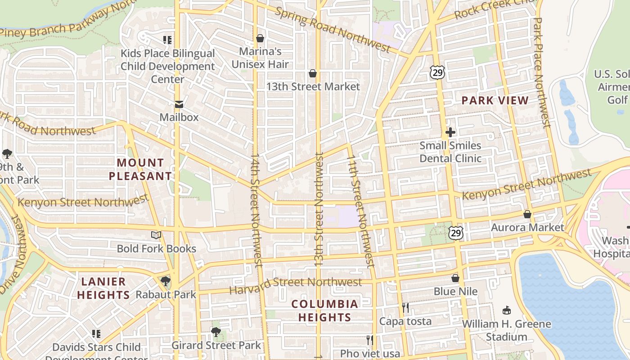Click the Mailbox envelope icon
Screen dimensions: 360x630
179,105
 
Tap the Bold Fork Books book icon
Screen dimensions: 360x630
156,235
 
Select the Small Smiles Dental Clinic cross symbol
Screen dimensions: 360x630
450,132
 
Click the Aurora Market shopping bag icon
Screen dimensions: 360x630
527,214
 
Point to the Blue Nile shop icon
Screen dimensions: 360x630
455,278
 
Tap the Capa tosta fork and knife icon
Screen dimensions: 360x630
405,308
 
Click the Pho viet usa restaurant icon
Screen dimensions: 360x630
370,340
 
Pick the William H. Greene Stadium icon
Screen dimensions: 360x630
507,310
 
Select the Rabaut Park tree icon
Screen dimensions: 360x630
166,281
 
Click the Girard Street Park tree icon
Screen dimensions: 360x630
216,332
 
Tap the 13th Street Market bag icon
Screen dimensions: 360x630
313,73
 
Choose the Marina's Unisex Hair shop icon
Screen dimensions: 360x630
260,38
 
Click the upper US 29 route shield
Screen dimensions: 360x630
436,72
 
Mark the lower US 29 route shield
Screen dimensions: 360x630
456,233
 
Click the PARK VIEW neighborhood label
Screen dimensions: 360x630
495,100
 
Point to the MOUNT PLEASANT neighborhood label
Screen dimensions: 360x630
140,169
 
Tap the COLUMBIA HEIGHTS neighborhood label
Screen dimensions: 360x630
324,310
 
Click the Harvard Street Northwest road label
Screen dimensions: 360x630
296,283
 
